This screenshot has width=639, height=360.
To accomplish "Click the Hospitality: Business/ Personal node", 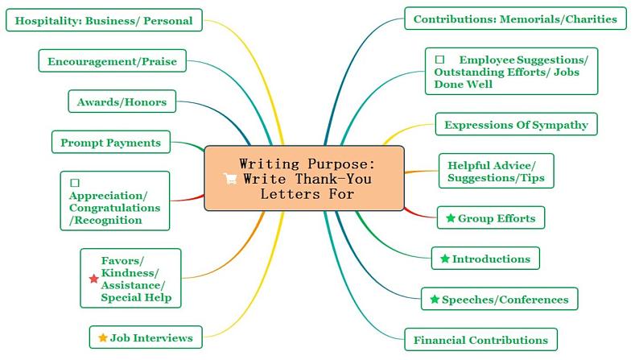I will click(x=104, y=21).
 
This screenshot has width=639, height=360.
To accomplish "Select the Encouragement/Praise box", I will click(x=112, y=61).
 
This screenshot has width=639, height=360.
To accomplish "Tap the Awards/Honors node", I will click(x=122, y=102).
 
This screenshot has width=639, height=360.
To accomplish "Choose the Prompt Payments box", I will click(x=110, y=143).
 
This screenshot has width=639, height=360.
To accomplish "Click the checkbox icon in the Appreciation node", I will click(x=75, y=183).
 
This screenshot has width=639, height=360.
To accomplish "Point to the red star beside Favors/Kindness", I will click(x=93, y=279).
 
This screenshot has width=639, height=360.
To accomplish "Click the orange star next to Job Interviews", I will click(x=102, y=337).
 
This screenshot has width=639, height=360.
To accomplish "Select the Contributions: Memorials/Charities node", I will click(x=515, y=19).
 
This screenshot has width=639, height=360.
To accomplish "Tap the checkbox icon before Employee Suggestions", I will click(x=439, y=60).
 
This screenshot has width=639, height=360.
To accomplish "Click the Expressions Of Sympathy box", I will click(x=516, y=125).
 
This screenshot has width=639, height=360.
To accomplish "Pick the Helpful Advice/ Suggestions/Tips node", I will click(x=496, y=172).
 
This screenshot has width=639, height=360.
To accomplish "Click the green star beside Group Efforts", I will click(x=451, y=218).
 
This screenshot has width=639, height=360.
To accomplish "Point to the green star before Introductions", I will click(x=445, y=259).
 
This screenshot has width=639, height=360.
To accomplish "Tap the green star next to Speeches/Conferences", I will click(x=435, y=300).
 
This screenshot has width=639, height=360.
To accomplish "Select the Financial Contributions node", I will click(x=480, y=340).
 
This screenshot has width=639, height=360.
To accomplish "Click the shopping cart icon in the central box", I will click(x=231, y=179).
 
